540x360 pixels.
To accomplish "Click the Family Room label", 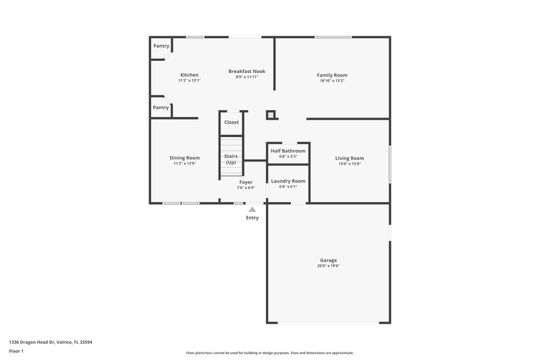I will point(332,75).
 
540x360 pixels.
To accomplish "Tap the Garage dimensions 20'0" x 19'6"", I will point(329,266).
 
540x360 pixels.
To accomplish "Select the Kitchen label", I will point(189,75).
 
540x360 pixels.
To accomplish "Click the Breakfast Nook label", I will point(246,72).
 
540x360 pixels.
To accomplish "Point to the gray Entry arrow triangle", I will point(252,209).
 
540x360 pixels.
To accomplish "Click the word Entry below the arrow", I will point(252,217).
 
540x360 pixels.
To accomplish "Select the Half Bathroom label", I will point(288,151).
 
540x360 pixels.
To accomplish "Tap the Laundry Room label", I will point(288,181).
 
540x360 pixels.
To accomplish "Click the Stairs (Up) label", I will point(231,159).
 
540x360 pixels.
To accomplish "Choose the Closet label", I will point(232,122).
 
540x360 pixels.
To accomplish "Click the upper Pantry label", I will point(161,46).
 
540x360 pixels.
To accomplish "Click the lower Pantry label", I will point(161,107).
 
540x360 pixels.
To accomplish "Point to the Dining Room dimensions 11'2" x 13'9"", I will point(184,163).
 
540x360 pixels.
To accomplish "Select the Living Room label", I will point(350,158).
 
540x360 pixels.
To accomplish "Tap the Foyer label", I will point(246,182).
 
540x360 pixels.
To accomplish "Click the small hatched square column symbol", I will point(271,115).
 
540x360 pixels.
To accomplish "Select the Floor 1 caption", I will point(17,352).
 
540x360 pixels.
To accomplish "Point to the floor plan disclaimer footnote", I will point(269,353).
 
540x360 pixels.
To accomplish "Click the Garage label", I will point(329,260).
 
